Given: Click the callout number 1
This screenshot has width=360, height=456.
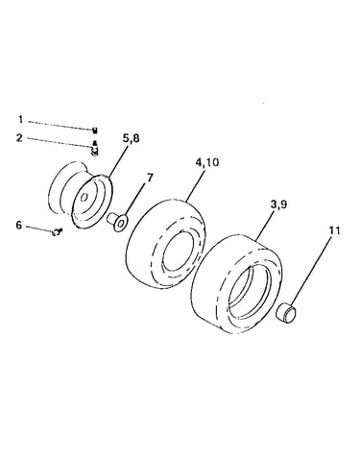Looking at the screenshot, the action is [21, 120].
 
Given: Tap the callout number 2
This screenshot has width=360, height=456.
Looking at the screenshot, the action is [20, 138].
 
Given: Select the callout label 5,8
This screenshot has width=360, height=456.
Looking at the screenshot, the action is [131, 139].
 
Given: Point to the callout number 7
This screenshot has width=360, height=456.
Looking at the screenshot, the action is [150, 178].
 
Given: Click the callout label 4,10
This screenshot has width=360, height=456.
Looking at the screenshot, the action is [207, 162].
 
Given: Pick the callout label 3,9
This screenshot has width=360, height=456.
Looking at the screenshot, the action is [278, 204].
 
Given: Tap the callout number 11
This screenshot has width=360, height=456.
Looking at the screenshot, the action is [333, 230].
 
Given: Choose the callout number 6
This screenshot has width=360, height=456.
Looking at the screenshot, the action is [19, 226].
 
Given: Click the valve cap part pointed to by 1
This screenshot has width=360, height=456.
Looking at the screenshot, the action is [95, 130].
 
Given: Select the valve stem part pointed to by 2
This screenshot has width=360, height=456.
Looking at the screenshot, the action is [94, 149].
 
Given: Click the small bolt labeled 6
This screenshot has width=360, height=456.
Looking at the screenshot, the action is [57, 231].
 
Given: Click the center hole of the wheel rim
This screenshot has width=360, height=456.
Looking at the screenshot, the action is [84, 198].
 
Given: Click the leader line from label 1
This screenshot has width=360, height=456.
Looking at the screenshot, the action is [60, 126].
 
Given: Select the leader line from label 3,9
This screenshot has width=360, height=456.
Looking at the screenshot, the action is [265, 225].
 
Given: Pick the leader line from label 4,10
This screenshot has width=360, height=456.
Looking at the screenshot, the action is [195, 185].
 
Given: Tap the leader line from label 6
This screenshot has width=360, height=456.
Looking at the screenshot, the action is [39, 228].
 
